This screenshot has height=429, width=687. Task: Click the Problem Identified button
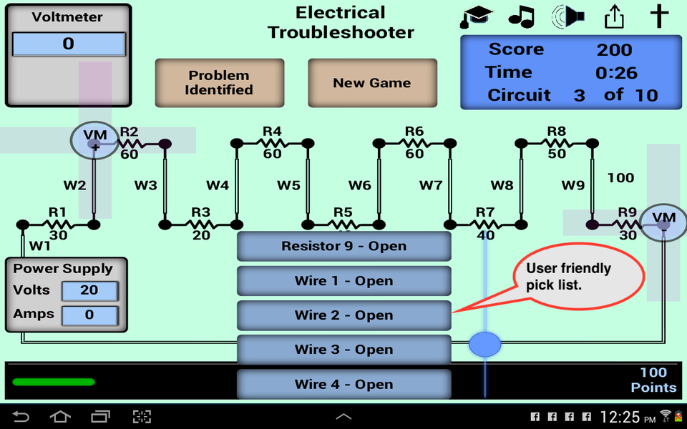[x=220, y=83]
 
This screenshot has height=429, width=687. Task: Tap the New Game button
[x=372, y=83]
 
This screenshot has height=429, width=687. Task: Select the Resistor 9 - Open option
[x=343, y=247]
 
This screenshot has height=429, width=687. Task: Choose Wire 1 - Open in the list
[x=343, y=281]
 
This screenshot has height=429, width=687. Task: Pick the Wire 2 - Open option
[x=343, y=315]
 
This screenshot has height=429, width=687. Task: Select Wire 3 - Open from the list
[x=343, y=350]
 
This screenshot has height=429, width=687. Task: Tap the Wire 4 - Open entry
[x=343, y=384]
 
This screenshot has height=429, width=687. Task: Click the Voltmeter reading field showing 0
[x=69, y=44]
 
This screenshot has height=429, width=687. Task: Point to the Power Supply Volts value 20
[x=89, y=291]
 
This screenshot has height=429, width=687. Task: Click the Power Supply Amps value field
[x=89, y=315]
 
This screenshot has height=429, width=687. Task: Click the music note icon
[x=522, y=16]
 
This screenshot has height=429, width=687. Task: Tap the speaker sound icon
[x=568, y=16]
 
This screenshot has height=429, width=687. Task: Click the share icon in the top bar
[x=614, y=16]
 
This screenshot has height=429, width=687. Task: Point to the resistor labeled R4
[x=272, y=144]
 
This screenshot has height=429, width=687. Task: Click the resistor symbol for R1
[x=57, y=224]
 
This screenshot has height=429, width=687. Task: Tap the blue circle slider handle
[x=485, y=345]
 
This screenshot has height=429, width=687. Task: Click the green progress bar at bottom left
[x=53, y=382]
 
